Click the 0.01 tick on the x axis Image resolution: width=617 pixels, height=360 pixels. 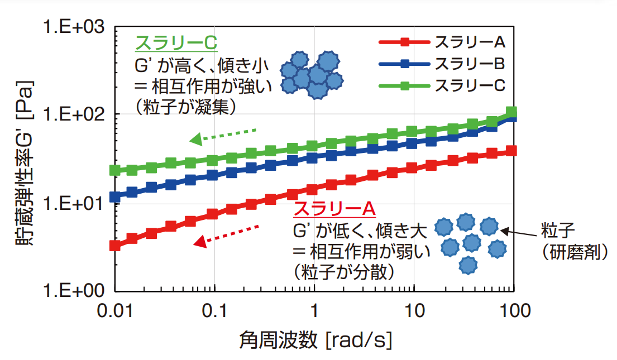[115, 310]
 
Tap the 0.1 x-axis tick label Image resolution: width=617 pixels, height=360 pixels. [214, 310]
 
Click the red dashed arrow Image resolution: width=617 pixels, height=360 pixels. [226, 234]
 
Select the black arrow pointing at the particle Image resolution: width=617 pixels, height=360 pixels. [516, 233]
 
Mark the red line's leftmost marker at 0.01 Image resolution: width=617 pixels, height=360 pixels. [115, 245]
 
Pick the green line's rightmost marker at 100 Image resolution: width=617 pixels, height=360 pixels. [511, 112]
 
